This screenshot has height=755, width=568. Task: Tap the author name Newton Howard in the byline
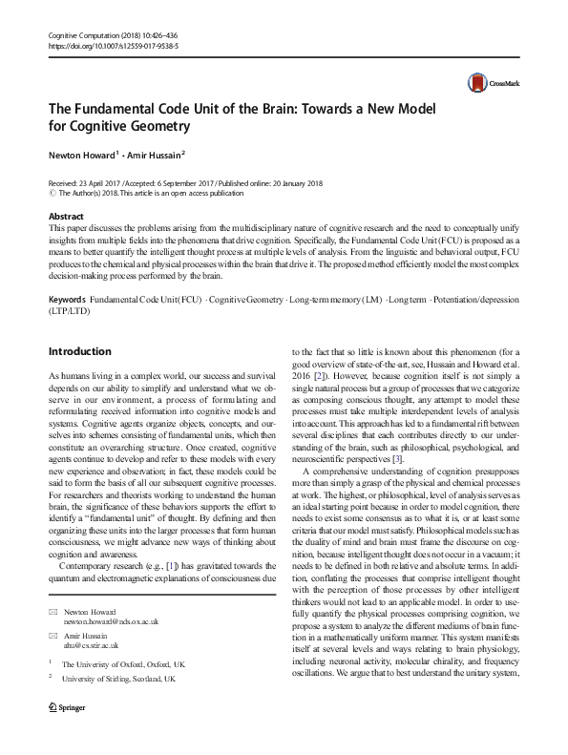coord(83,154)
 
